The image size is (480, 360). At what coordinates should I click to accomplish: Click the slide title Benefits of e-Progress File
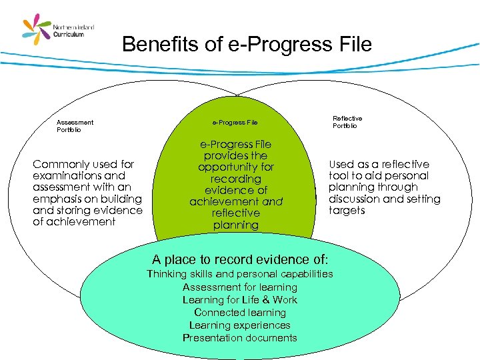247,45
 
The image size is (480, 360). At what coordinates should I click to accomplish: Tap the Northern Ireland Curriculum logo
59,30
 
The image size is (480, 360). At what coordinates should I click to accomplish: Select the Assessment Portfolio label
75,126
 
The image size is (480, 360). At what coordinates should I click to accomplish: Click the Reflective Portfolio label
347,122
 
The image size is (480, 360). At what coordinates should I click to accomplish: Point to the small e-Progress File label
235,123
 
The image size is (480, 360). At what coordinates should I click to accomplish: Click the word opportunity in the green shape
235,167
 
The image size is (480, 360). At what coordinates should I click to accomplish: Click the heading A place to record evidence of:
240,259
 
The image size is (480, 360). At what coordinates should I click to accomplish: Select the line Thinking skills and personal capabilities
239,274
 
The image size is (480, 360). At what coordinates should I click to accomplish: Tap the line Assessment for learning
239,287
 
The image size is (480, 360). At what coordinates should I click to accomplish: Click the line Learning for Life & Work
239,299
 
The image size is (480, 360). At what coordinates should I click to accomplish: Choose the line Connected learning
239,312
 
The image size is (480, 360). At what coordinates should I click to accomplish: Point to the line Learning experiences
239,325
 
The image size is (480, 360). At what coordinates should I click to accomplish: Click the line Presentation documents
239,337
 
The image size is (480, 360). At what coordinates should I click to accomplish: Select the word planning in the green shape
235,225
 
